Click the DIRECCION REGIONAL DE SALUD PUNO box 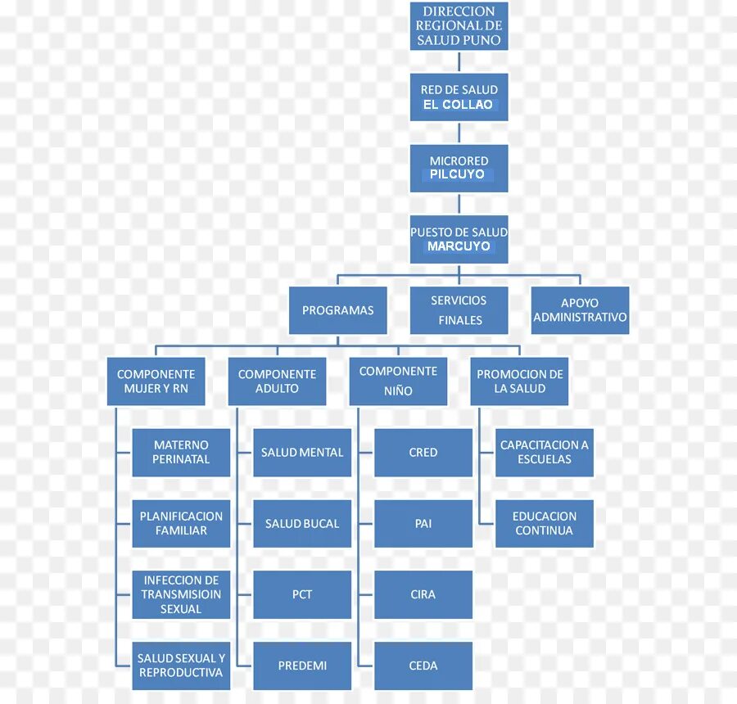point(459,26)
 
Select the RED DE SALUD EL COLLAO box point(459,97)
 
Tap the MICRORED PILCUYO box point(459,168)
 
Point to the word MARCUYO point(459,246)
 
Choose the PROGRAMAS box point(337,310)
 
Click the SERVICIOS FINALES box point(459,310)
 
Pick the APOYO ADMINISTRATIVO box point(580,310)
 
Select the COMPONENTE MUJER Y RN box point(156,381)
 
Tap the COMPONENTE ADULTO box point(277,381)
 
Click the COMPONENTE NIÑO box point(398,381)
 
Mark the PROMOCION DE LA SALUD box point(519,381)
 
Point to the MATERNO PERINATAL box point(181,453)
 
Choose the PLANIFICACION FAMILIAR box point(181,523)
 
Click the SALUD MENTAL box point(302,453)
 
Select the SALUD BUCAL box point(302,523)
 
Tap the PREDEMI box point(302,666)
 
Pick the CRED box point(423,453)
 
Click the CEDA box point(423,666)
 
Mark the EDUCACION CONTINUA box point(545,523)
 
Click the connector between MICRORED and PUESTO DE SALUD point(459,205)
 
